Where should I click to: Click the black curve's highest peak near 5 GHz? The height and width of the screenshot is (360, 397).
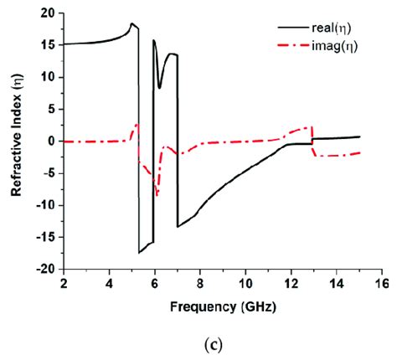(131, 24)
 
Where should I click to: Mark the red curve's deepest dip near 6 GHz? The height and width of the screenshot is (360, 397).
(157, 196)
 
